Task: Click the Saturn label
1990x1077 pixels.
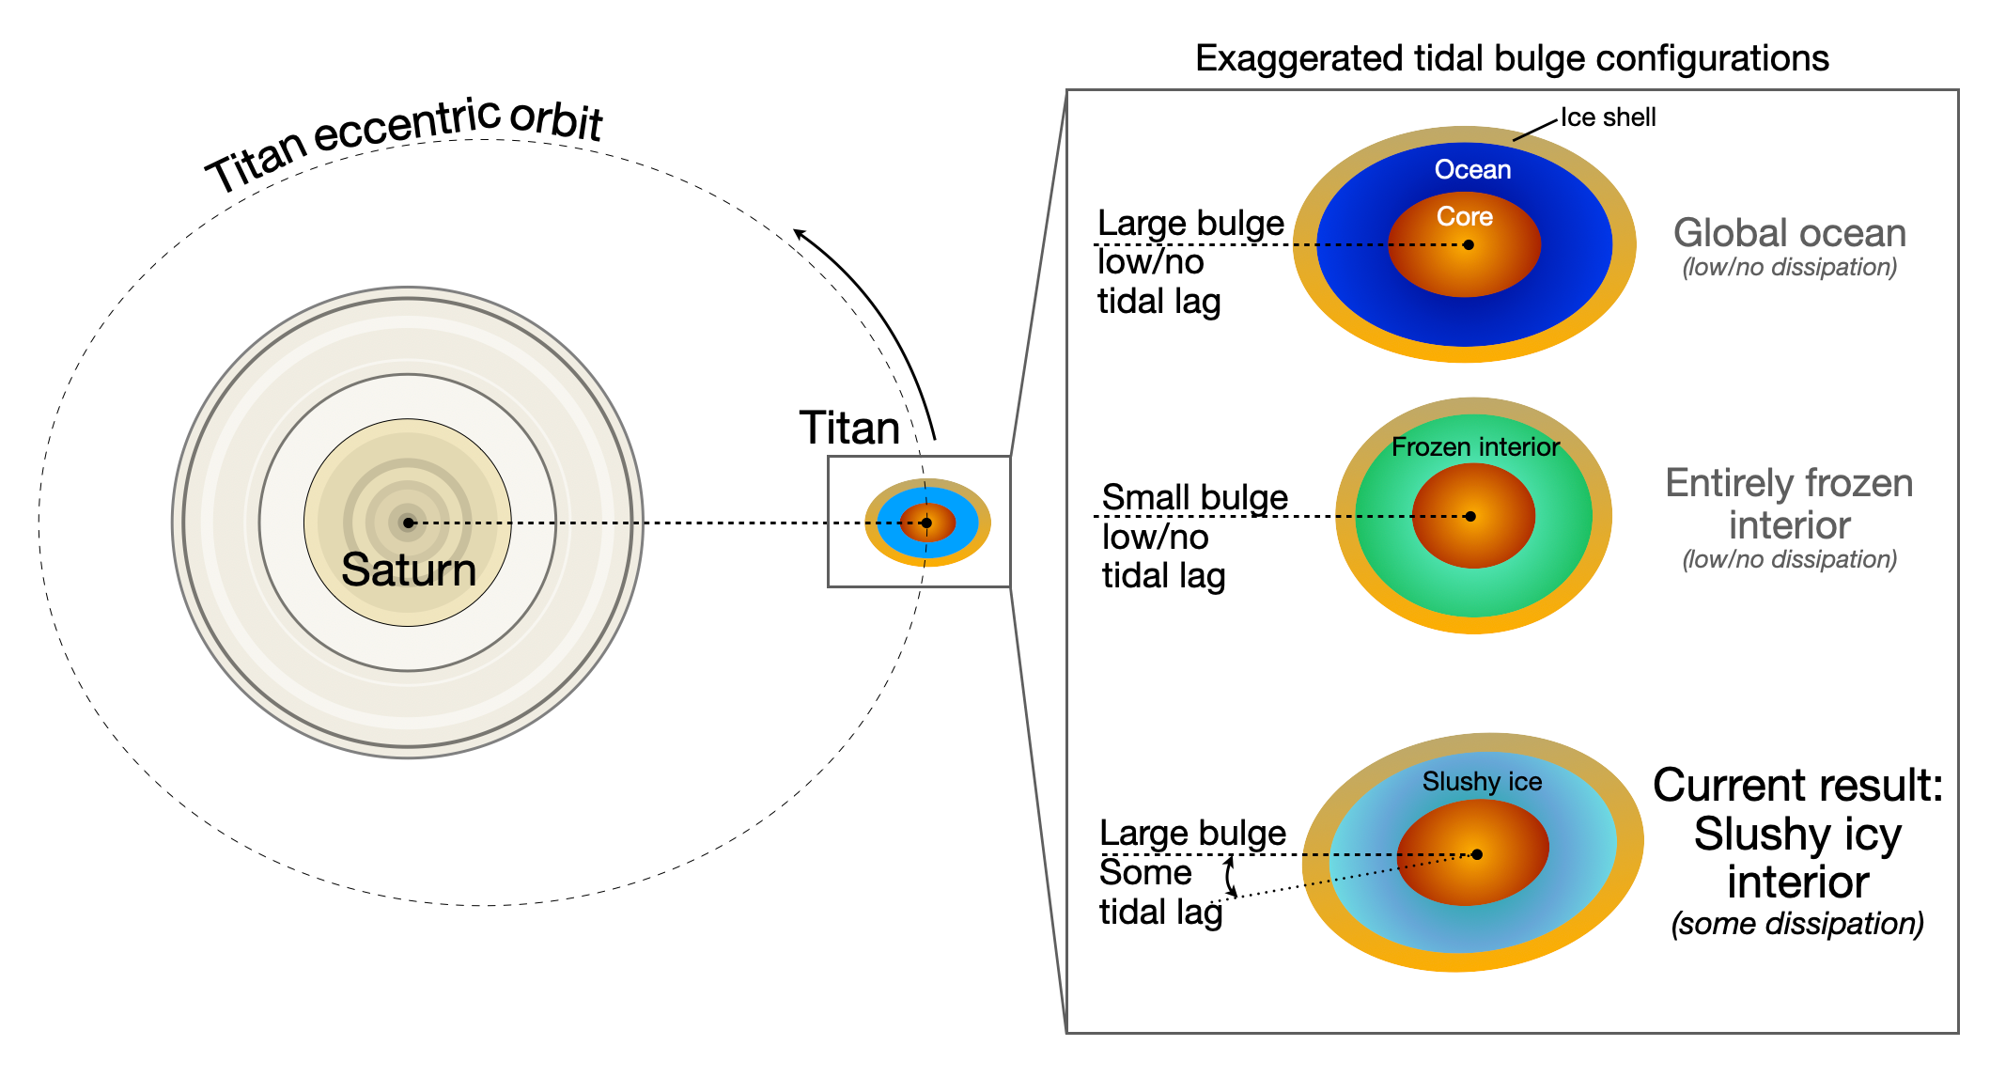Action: click(409, 570)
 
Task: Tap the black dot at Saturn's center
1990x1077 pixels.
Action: click(408, 523)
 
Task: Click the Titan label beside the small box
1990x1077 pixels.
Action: click(849, 429)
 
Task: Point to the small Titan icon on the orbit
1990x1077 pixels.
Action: click(927, 523)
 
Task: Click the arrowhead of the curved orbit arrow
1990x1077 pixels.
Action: click(800, 233)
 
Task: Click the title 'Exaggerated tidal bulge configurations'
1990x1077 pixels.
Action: click(1512, 58)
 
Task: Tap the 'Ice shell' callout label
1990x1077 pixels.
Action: click(1608, 117)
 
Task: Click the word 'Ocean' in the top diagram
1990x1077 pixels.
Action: click(1472, 170)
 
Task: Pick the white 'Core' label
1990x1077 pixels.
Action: click(1464, 217)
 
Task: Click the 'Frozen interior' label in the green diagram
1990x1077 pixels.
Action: click(1475, 447)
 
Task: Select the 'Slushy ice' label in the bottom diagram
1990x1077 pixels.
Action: click(1482, 782)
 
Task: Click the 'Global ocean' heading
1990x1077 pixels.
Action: click(1789, 233)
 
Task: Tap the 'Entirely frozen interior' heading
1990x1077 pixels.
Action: click(1789, 504)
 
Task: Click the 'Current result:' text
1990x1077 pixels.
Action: click(1797, 785)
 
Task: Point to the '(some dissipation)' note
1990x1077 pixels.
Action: click(1796, 924)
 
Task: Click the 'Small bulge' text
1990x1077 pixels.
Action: click(1194, 497)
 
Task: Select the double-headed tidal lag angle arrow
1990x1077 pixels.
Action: click(1230, 877)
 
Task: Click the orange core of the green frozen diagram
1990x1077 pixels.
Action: click(1473, 540)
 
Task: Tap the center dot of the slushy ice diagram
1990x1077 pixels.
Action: click(1477, 854)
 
